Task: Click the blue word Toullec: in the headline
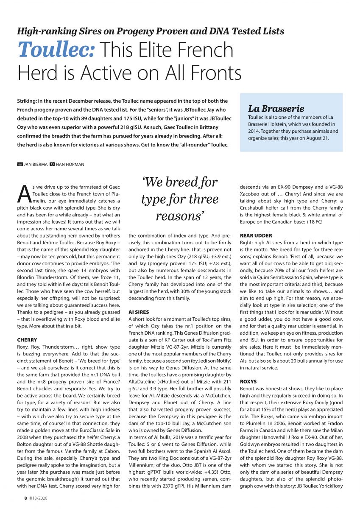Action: [56, 50]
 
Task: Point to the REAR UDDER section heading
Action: [256, 235]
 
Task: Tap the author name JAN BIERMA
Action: [35, 164]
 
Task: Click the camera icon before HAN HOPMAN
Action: [52, 164]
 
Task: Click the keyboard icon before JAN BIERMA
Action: [20, 164]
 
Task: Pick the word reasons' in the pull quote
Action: [180, 216]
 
